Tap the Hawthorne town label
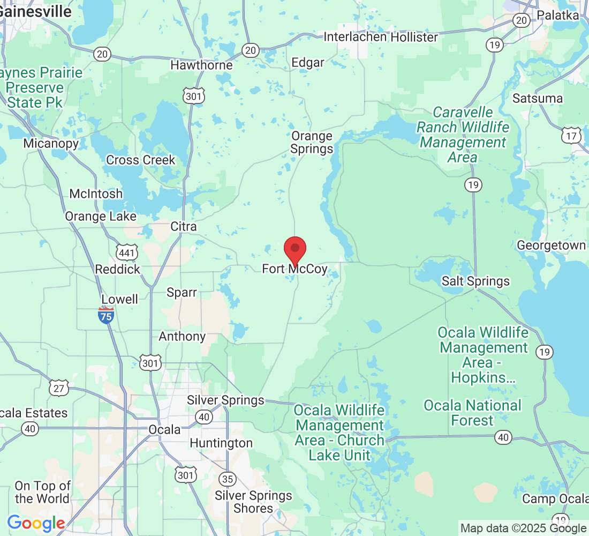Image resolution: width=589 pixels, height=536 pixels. click(x=201, y=65)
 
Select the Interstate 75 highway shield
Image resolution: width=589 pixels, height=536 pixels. click(x=106, y=315)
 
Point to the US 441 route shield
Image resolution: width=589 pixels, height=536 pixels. click(x=127, y=252)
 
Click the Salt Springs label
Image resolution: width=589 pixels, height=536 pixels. click(x=475, y=281)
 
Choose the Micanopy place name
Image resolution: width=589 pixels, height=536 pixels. click(x=51, y=143)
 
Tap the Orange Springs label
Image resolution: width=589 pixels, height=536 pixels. click(x=312, y=143)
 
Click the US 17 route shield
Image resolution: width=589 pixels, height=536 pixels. click(x=571, y=136)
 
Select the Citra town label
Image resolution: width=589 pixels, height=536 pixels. click(x=184, y=227)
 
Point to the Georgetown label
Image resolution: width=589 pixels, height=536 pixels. click(x=551, y=245)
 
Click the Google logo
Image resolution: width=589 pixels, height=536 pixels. click(x=36, y=523)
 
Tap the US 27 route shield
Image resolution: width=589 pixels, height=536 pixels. click(x=58, y=388)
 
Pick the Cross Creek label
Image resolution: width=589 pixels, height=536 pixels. click(x=141, y=160)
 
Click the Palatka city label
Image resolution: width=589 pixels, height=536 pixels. click(x=558, y=15)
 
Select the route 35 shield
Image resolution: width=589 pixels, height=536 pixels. click(x=228, y=479)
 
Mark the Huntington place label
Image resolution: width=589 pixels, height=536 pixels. click(x=221, y=443)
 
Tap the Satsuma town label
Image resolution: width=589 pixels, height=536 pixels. click(x=538, y=99)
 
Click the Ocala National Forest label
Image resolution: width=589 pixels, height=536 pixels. click(x=472, y=413)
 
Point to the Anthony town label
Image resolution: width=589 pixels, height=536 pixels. click(x=182, y=336)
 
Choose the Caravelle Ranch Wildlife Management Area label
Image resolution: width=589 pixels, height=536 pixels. click(x=463, y=135)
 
